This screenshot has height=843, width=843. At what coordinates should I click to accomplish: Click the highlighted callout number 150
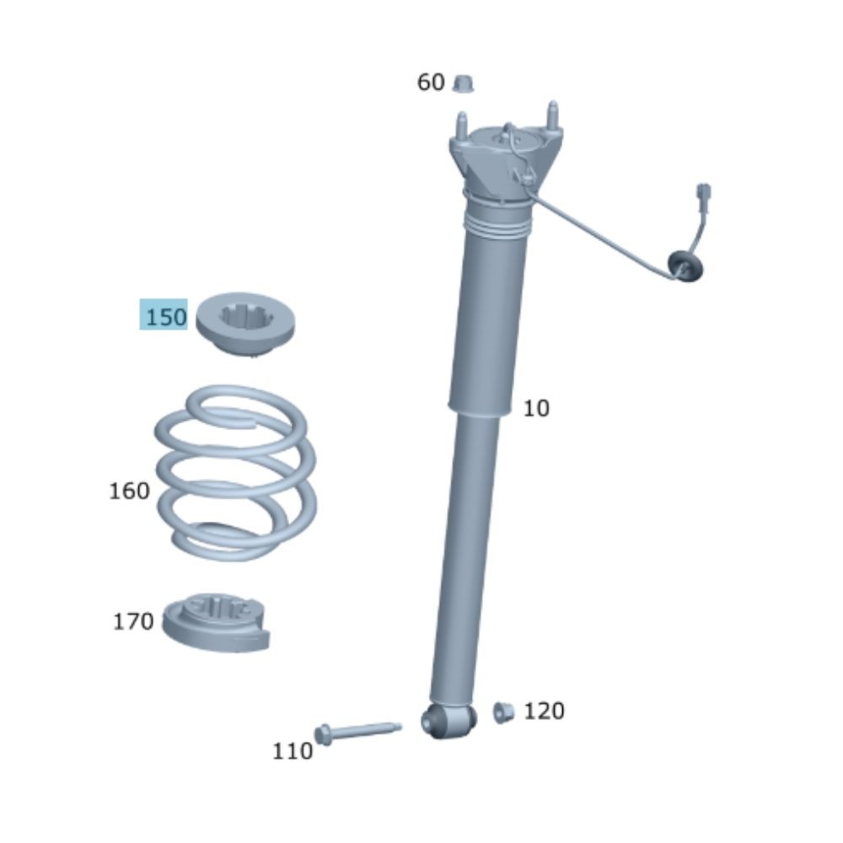166,317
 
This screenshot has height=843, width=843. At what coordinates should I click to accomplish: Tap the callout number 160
129,491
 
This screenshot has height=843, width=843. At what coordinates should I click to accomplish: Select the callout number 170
133,621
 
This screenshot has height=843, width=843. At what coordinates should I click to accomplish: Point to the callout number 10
536,409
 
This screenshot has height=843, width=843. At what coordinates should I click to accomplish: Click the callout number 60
431,83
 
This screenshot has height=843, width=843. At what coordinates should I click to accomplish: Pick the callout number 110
293,751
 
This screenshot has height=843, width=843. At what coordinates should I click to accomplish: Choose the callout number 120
544,711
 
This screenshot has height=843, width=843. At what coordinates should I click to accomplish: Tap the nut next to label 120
503,712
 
